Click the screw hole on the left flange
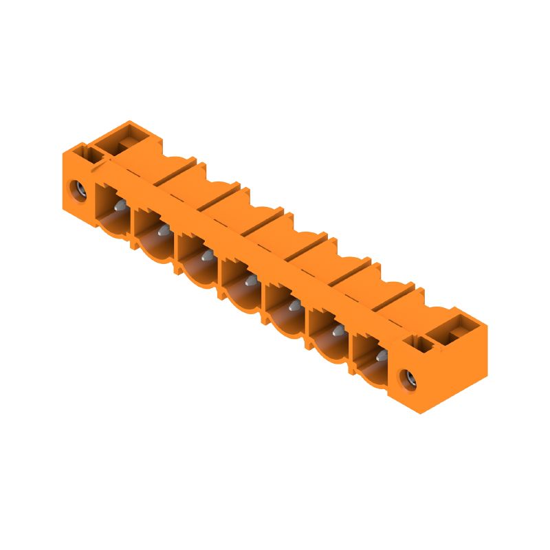78,187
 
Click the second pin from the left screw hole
163,232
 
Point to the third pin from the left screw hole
206,256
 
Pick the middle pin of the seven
250,280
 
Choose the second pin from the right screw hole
338,331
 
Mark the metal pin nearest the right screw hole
380,355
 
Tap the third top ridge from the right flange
307,245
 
